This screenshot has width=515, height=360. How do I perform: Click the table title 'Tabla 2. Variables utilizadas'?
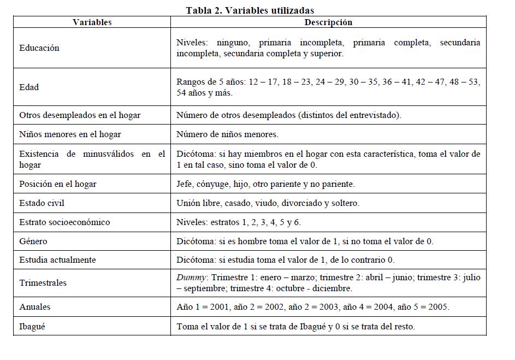click(x=250, y=10)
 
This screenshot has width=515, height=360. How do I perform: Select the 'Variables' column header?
click(x=92, y=22)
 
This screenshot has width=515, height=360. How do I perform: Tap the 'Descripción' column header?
click(x=328, y=22)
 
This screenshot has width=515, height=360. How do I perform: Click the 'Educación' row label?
click(x=39, y=48)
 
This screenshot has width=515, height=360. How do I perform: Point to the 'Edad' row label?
click(x=29, y=87)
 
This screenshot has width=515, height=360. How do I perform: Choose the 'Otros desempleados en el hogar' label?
click(x=80, y=115)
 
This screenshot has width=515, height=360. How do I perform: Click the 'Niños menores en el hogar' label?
click(x=70, y=134)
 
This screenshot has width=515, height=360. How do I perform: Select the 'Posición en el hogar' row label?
click(x=58, y=184)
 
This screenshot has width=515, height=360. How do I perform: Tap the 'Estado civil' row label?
click(x=42, y=203)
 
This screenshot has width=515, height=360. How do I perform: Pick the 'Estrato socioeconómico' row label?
click(x=64, y=222)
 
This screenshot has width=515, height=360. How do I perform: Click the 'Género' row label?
click(x=33, y=241)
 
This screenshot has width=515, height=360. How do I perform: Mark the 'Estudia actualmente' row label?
click(x=57, y=260)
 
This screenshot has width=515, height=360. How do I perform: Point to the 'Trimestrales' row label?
click(x=43, y=283)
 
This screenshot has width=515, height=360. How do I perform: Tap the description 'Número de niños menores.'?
click(x=227, y=134)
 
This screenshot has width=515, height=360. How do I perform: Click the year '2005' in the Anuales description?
click(x=438, y=307)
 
